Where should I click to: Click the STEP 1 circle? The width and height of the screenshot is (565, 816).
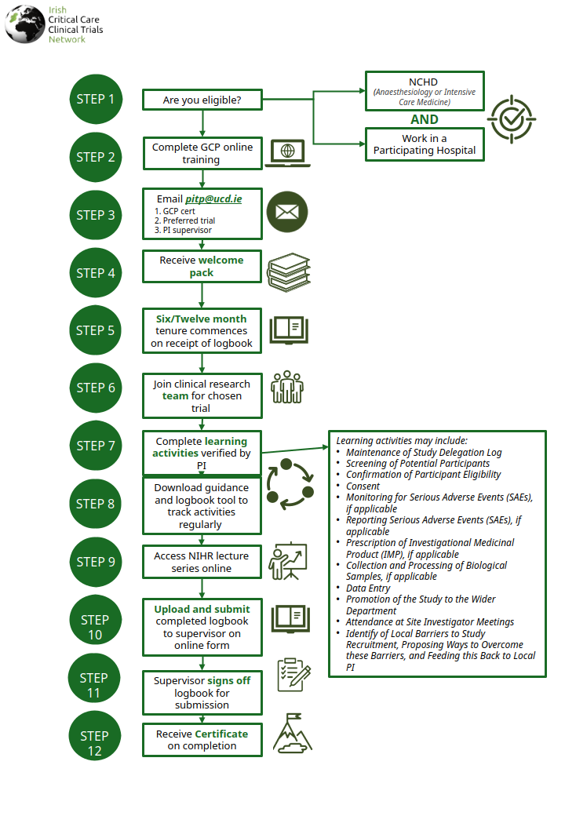[x=96, y=99]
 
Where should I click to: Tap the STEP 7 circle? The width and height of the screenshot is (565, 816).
[x=96, y=446]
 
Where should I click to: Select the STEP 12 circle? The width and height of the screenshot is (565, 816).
[x=95, y=736]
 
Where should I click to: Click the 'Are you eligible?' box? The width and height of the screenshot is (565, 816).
[x=202, y=100]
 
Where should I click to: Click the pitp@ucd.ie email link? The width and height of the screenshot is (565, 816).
[x=213, y=199]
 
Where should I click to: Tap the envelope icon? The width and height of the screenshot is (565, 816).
[x=287, y=212]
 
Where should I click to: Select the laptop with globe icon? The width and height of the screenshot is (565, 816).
[x=288, y=153]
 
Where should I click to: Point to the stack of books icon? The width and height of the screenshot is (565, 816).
[x=289, y=272]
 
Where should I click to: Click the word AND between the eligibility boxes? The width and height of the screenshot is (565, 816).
[x=425, y=119]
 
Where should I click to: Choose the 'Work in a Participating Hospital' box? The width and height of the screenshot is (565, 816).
[x=425, y=144]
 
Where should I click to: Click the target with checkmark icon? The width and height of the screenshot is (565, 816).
[x=512, y=119]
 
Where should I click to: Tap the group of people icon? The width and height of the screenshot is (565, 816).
[x=287, y=387]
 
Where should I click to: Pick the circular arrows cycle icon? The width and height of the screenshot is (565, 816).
[x=290, y=484]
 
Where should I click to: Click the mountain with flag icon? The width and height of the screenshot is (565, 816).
[x=293, y=734]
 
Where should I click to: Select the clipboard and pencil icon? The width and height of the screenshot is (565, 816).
[x=294, y=675]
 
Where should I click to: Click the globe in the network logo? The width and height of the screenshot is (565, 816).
[x=25, y=24]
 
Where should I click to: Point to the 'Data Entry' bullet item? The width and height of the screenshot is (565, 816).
[x=368, y=588]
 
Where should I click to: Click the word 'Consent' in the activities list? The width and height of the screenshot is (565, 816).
[x=363, y=486]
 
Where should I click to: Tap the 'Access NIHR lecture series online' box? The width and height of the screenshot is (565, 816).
[x=202, y=562]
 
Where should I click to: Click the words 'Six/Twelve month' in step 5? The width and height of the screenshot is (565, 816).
[x=202, y=319]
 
